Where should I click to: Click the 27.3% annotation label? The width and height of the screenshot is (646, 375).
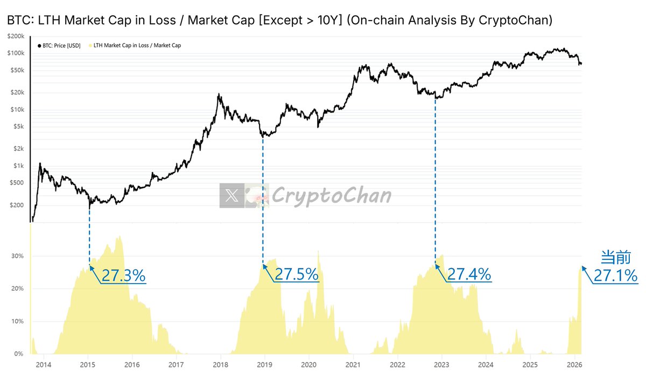coord(123,275)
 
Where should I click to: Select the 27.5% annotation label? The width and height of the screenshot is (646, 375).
coord(297,274)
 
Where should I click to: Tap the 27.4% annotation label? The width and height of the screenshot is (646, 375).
coord(469,274)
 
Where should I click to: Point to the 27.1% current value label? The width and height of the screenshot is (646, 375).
coord(616,276)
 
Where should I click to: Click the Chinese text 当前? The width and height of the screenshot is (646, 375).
coord(613,257)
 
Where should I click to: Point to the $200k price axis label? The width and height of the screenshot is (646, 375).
coord(16,36)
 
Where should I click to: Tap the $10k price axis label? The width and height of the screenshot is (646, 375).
coord(17,110)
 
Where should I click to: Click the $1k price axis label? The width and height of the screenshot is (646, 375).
coord(19,166)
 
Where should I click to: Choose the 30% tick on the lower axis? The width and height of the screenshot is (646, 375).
coord(17,256)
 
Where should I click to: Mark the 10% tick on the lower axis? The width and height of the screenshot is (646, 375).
coord(17,321)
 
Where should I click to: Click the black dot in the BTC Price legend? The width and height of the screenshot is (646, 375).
coord(39,46)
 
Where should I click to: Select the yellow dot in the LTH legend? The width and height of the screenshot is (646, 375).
coord(90,46)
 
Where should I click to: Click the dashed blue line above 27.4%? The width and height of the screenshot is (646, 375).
coord(435,178)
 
